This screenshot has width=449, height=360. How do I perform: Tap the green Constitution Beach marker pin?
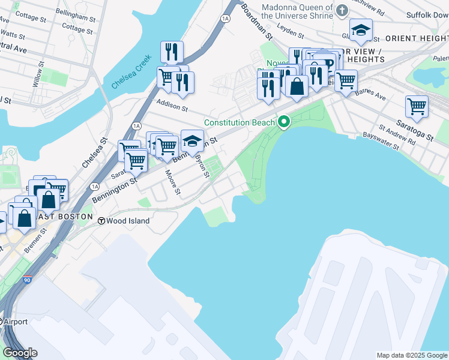pyautogui.click(x=284, y=122)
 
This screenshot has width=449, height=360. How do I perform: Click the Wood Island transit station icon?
pyautogui.click(x=103, y=221)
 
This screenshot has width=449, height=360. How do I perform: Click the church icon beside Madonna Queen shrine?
pyautogui.click(x=342, y=10)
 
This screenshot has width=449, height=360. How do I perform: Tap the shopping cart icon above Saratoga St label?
pyautogui.click(x=416, y=107)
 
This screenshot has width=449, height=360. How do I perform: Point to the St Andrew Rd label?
pyautogui.click(x=397, y=135)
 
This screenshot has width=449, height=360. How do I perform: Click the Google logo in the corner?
pyautogui.click(x=20, y=353)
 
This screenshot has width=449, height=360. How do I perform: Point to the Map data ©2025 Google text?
pyautogui.click(x=411, y=355)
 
